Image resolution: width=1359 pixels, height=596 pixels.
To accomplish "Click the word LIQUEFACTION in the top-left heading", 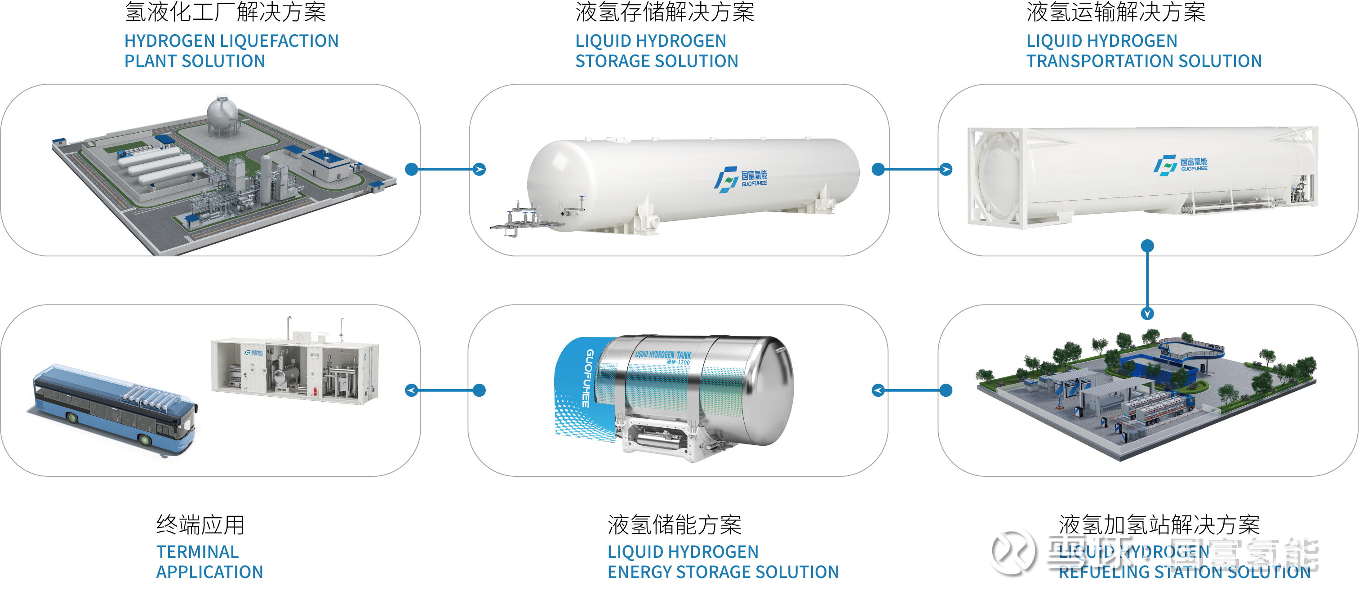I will coord(279,41).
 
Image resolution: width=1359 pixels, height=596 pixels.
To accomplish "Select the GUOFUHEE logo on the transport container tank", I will coord(1180,165).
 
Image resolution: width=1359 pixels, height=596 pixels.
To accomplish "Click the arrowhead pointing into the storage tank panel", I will coord(479,170).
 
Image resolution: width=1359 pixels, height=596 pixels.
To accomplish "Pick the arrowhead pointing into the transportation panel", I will coord(946,170).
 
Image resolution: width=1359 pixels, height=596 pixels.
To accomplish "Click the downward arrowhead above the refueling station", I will coord(1147,314).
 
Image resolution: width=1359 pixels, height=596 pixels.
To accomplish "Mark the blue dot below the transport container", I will coord(1147,246).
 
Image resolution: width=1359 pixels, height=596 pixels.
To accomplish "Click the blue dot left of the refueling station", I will coord(946,390).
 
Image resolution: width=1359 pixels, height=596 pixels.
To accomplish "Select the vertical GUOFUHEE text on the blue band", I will coord(586,377).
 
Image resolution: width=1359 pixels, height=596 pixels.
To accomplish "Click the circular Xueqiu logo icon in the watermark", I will coord(1010,549).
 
